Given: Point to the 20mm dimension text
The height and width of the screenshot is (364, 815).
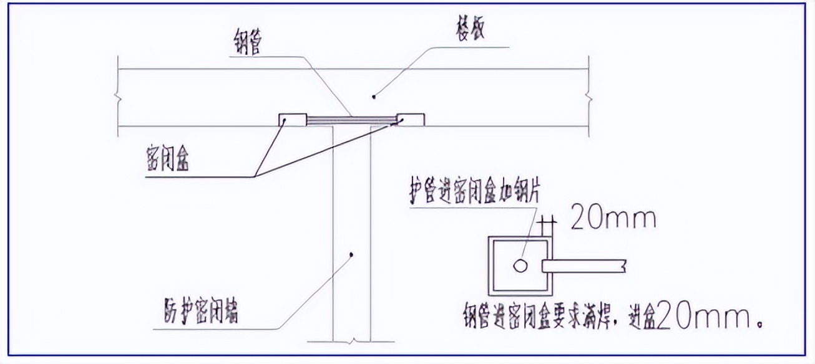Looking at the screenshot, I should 613,219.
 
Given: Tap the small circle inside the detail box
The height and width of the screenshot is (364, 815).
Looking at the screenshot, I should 520,266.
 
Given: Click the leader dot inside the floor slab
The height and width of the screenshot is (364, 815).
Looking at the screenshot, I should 374,96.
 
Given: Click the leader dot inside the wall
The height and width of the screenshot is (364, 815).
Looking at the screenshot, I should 352,254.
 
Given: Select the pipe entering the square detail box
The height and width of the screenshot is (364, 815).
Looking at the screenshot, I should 583,266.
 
